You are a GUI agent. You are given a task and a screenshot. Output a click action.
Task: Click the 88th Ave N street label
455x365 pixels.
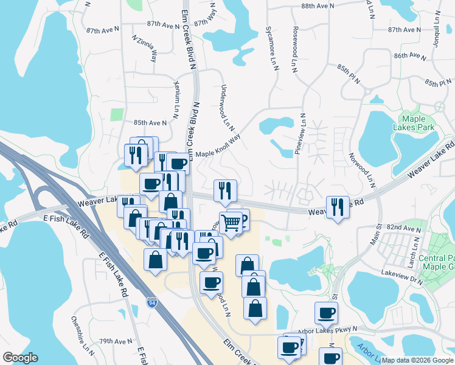[318, 5]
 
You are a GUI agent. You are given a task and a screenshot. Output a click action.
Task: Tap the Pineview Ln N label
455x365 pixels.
[299, 133]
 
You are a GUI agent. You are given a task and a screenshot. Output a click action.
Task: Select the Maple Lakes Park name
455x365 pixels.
[418, 123]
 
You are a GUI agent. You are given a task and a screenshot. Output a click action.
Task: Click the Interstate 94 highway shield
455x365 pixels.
[151, 302]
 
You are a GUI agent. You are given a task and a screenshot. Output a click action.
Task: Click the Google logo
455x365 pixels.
[20, 358]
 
